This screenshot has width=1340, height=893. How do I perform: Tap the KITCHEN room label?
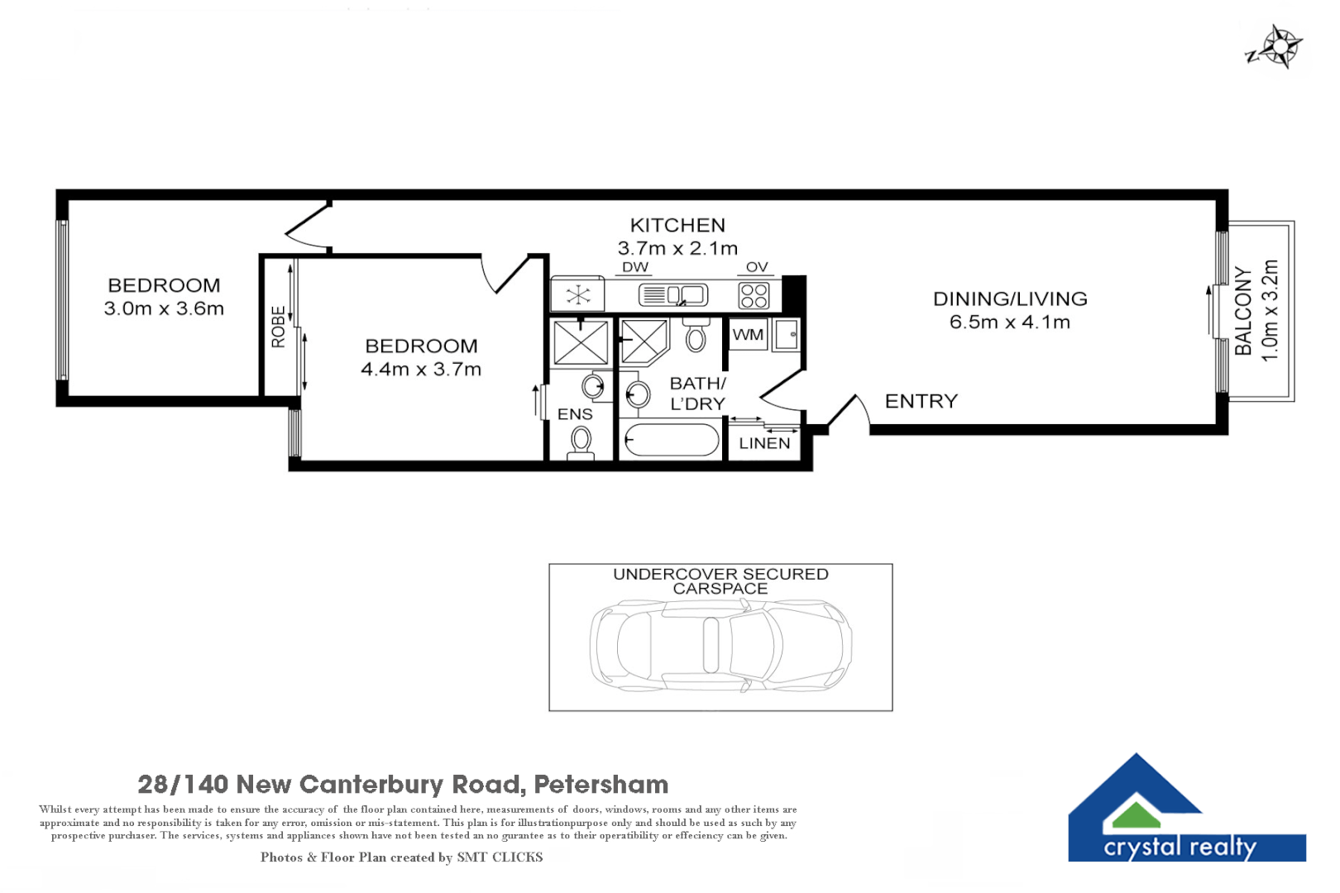tap(677, 225)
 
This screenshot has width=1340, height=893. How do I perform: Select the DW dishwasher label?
tap(635, 267)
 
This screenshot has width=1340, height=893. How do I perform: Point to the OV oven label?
tap(757, 267)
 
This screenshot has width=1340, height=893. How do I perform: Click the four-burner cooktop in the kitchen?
tap(754, 295)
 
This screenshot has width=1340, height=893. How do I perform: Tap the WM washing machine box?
tap(748, 335)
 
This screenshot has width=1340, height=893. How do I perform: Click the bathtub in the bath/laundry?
tap(671, 441)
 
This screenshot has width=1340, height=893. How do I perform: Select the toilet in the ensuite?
tap(581, 441)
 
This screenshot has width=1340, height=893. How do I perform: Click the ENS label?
tap(575, 414)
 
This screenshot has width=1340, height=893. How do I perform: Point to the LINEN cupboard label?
tap(764, 444)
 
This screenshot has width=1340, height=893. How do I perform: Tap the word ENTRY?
tap(921, 402)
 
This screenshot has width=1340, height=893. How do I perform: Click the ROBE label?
tap(279, 327)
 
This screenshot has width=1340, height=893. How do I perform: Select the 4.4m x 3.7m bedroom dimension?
tap(421, 370)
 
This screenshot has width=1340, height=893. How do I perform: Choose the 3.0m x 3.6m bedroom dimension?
tap(164, 309)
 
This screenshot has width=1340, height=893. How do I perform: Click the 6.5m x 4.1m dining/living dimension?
tap(1009, 322)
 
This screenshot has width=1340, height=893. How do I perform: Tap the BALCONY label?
tap(1243, 311)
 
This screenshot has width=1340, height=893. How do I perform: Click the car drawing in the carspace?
tap(720, 646)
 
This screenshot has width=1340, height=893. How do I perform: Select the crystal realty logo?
tap(1184, 810)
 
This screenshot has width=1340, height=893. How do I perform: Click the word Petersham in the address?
tap(601, 784)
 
